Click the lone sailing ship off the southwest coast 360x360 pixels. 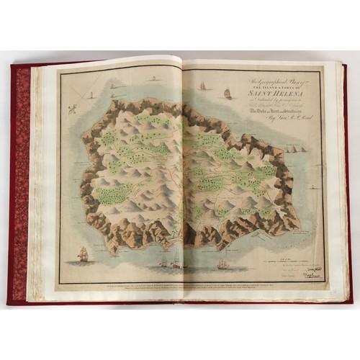pyautogui.click(x=84, y=253)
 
